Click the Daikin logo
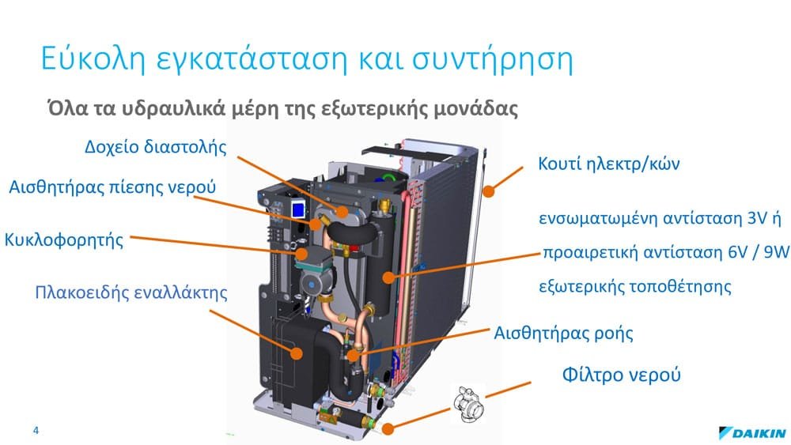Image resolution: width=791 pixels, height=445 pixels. tap(751, 433)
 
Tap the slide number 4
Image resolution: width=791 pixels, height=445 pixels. tap(36, 430)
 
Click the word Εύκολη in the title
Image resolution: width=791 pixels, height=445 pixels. tap(93, 59)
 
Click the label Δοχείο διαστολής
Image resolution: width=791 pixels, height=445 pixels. tap(155, 147)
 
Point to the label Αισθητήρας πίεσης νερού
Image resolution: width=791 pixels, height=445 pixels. tap(112, 187)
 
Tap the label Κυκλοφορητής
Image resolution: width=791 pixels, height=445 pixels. tap(63, 239)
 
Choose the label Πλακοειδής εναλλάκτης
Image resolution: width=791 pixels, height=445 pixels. tap(131, 292)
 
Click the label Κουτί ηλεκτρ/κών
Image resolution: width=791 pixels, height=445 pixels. tap(609, 164)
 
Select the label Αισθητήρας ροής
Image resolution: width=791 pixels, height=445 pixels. tap(563, 333)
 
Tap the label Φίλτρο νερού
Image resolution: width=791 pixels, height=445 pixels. tap(622, 375)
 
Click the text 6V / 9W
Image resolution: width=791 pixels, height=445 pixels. tap(759, 251)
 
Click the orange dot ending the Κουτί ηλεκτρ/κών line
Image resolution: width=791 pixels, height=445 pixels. tap(488, 191)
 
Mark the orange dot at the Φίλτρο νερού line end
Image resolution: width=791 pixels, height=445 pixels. tap(388, 429)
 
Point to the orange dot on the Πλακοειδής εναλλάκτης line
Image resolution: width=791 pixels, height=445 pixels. tap(297, 353)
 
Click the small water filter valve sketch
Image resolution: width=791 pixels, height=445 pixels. tap(468, 403)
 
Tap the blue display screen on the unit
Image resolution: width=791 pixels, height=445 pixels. tap(299, 209)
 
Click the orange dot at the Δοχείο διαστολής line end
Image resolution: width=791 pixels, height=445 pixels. tap(342, 212)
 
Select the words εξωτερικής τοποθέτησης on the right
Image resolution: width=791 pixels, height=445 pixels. tap(635, 287)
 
